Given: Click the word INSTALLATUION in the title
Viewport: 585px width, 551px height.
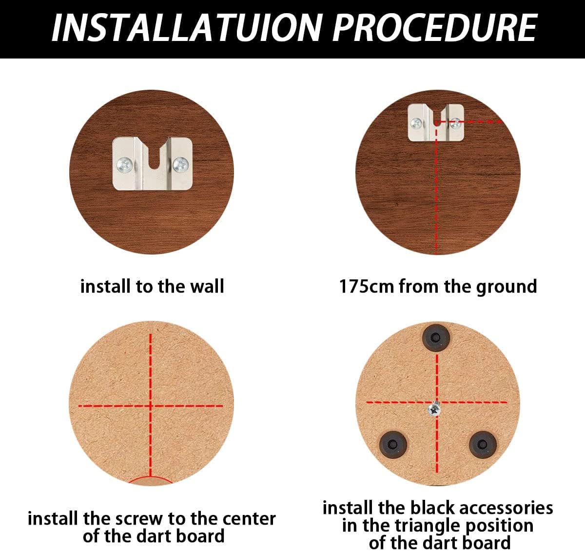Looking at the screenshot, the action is [186, 28].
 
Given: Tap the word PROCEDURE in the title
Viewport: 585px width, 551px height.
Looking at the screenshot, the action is [435, 28].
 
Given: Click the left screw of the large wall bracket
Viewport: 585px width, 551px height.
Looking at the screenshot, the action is [125, 165].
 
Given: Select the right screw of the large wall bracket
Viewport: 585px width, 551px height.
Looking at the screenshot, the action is [180, 165].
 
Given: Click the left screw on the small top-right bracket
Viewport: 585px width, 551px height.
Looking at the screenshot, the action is [416, 124].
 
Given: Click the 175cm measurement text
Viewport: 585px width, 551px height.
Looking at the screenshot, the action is [367, 286].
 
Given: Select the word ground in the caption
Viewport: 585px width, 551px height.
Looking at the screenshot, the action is [507, 287].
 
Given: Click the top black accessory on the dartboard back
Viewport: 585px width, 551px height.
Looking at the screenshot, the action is [436, 338].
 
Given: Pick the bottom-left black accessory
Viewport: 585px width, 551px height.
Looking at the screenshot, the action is [393, 445].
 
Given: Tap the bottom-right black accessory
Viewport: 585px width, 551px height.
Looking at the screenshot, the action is [483, 445].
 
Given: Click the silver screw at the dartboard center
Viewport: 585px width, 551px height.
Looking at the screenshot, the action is [435, 410].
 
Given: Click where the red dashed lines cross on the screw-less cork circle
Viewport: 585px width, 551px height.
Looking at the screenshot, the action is [151, 406].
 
